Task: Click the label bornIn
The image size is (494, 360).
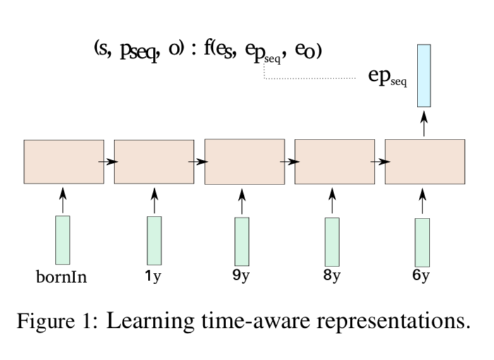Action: tap(61, 277)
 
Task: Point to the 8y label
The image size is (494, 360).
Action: tap(332, 275)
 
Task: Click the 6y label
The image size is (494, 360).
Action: tap(421, 276)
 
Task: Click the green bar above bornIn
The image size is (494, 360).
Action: tap(63, 240)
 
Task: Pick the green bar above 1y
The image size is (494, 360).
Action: tap(154, 241)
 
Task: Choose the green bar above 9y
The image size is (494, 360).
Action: tap(242, 241)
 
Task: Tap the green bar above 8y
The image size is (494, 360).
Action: tap(332, 242)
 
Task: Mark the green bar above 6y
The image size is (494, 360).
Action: tap(423, 242)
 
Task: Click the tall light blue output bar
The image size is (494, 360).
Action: tap(424, 75)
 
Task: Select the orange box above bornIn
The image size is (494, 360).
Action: tap(64, 162)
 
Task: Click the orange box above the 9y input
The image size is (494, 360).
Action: tap(244, 162)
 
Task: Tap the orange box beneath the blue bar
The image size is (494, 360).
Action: tap(425, 162)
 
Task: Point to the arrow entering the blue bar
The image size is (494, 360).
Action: tap(424, 125)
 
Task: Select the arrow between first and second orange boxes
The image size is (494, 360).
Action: tap(109, 162)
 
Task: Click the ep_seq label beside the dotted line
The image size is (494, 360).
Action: tap(387, 76)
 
